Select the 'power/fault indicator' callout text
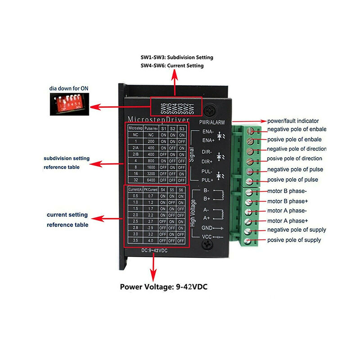(x=293, y=121)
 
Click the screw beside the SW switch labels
(x=211, y=110)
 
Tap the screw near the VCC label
(x=207, y=244)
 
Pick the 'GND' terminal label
(x=206, y=228)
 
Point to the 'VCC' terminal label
(x=206, y=237)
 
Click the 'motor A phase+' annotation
(x=288, y=220)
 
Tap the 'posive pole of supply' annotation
(x=294, y=240)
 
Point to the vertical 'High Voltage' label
(x=194, y=214)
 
